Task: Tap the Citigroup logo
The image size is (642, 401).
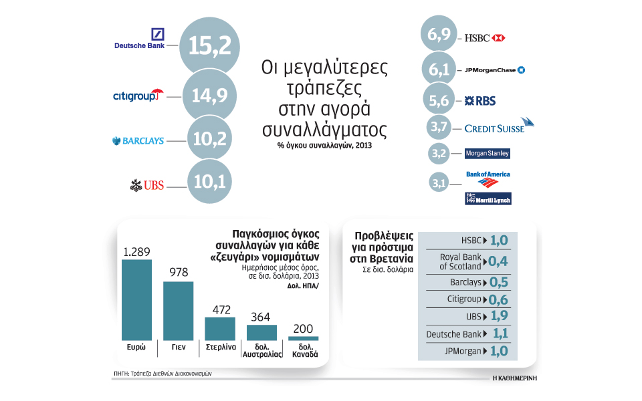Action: (138, 96)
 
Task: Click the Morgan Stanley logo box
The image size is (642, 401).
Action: (488, 153)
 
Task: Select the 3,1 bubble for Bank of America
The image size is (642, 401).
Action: (439, 181)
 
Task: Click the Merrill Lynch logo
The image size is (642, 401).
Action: (488, 198)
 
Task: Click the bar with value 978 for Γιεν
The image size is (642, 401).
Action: (179, 310)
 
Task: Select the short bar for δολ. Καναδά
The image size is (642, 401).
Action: (304, 338)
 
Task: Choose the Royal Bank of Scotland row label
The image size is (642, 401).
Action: (461, 261)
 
